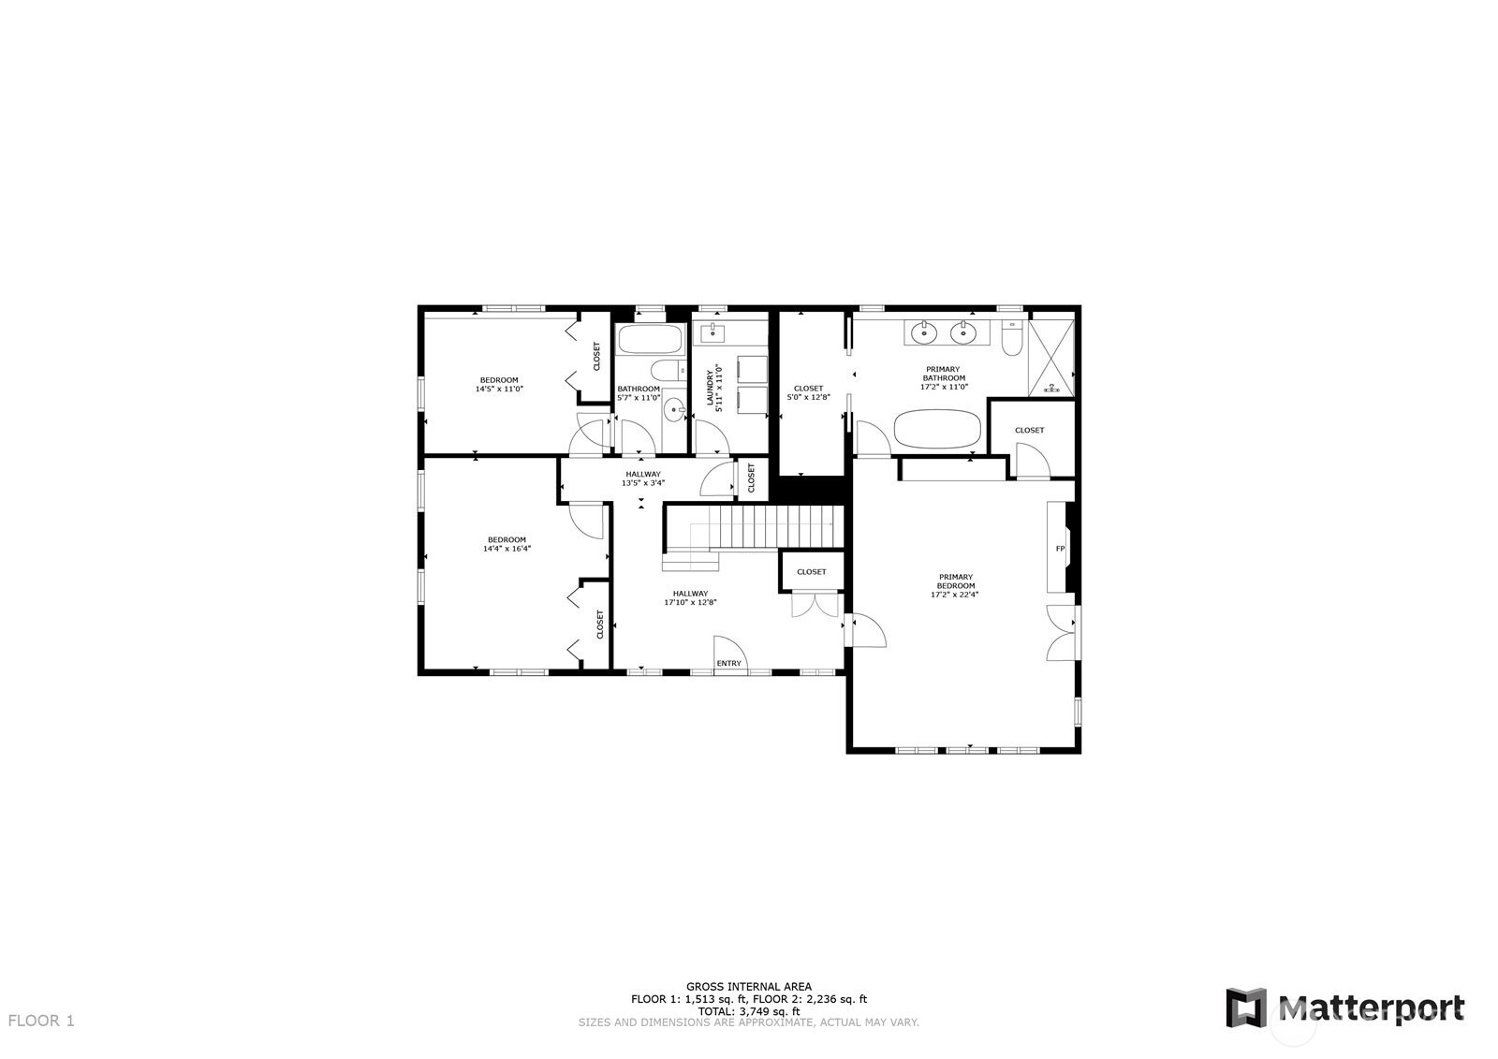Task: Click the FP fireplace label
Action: [1061, 549]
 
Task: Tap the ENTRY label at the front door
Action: [728, 663]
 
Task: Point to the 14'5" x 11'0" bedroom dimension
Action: [499, 389]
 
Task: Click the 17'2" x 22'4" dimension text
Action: [955, 595]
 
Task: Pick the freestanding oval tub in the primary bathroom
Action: [937, 430]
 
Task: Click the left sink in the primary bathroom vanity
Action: [924, 331]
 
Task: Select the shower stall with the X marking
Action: [1051, 360]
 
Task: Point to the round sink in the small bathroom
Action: [673, 410]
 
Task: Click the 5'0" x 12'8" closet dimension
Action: [808, 398]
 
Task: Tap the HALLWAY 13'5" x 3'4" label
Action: [643, 478]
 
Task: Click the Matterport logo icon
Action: [1246, 1008]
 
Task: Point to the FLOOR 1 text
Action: [41, 1021]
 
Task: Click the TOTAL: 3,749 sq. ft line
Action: [749, 1011]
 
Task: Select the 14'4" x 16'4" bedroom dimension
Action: [507, 549]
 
